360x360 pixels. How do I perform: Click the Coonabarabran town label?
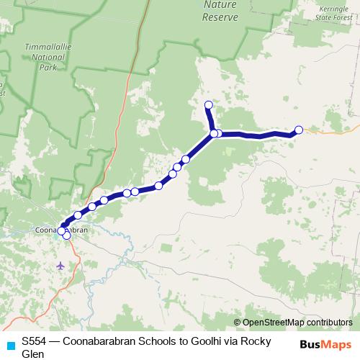click(61, 230)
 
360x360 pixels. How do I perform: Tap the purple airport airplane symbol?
click(60, 265)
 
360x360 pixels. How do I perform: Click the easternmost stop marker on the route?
click(299, 130)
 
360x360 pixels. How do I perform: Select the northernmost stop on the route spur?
click(209, 106)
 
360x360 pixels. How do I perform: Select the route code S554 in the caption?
click(34, 342)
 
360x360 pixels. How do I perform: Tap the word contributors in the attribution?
click(322, 322)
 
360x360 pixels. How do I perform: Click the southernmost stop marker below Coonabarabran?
click(67, 235)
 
